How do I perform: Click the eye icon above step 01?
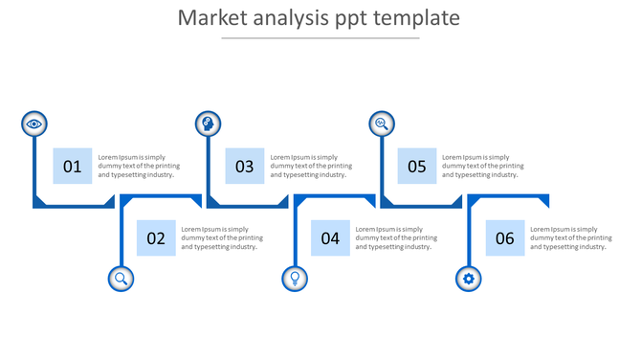[34, 124]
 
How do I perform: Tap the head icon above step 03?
[208, 124]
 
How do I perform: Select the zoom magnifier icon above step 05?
[382, 124]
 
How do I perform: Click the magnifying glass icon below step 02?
[122, 279]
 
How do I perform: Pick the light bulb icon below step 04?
[295, 279]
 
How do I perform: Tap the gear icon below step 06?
[469, 279]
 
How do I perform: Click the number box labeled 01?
[73, 167]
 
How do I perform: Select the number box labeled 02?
[156, 238]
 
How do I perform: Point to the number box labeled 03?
[245, 167]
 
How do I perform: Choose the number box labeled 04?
[330, 238]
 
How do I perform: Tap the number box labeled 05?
[417, 167]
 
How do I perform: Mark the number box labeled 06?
[505, 238]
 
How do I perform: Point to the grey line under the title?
[320, 38]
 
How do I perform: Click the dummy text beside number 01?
[139, 166]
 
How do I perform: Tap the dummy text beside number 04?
[396, 237]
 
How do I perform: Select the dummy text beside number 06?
[571, 237]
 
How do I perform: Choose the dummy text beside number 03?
[311, 166]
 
